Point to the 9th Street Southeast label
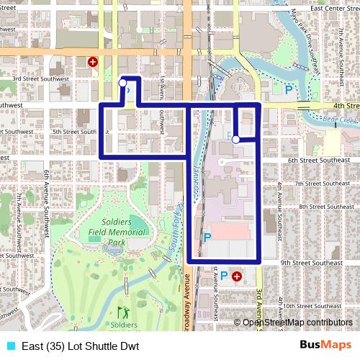[312, 264]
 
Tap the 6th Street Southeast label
[318, 160]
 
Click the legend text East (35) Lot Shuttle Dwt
[83, 346]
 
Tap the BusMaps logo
[325, 345]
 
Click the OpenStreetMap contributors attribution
[297, 323]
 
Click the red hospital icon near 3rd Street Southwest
[92, 63]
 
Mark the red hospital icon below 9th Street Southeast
[237, 275]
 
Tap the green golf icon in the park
[120, 313]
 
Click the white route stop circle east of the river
[235, 140]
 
